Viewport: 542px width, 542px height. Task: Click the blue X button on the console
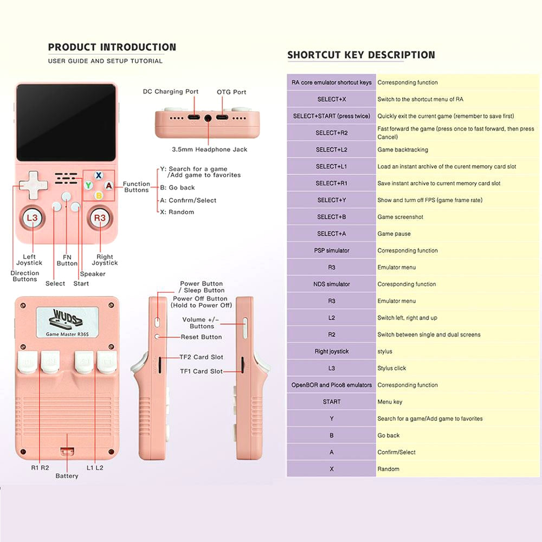[99, 176]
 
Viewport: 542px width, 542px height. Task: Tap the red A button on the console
[108, 185]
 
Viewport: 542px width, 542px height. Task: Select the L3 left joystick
[32, 218]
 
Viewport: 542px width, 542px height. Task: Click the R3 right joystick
[100, 218]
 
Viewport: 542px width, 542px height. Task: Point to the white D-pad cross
[33, 184]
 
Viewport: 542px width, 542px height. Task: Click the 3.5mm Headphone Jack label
[209, 150]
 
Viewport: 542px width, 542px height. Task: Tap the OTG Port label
[231, 92]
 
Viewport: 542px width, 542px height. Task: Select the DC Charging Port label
[171, 92]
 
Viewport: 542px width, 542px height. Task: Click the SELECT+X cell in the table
[332, 100]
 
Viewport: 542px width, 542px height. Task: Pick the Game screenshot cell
[401, 217]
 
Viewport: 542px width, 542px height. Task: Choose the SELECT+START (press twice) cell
[332, 117]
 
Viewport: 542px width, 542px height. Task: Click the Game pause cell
[394, 234]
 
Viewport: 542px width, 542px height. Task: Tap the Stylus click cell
[392, 369]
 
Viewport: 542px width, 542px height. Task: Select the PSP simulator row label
[332, 251]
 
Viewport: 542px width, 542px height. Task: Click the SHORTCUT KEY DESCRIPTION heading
[361, 55]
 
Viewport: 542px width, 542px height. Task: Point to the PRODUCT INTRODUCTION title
[112, 47]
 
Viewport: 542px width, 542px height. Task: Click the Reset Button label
[201, 337]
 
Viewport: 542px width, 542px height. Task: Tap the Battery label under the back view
[67, 476]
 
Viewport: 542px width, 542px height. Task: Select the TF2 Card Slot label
[201, 357]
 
